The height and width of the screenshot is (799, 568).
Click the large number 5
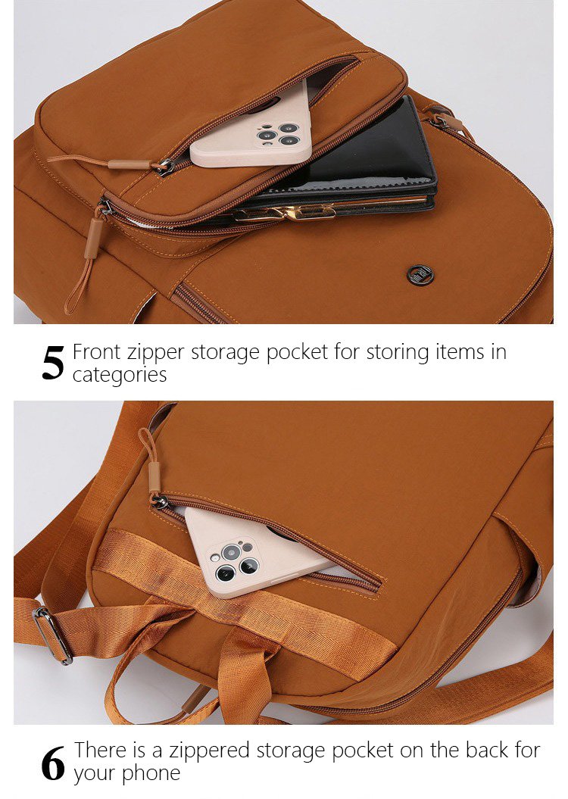coord(53,364)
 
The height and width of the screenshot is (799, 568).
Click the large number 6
coord(53,763)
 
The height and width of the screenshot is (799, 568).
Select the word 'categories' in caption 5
coord(119,375)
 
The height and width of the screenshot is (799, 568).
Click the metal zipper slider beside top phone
coord(166,167)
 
